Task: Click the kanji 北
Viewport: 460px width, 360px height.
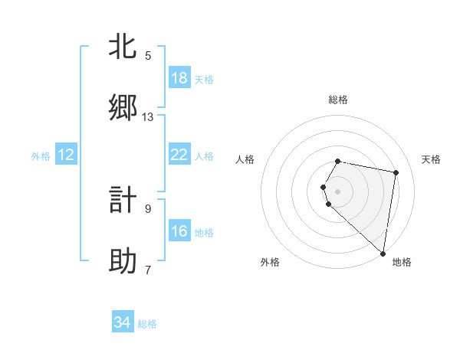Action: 123,47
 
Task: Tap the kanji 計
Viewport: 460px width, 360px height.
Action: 123,201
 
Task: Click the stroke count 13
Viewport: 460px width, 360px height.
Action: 148,116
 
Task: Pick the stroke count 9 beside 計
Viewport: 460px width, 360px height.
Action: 148,208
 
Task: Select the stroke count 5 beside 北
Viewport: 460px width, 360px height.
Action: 148,55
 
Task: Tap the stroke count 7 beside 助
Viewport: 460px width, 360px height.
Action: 148,270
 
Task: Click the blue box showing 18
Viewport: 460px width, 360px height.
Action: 179,78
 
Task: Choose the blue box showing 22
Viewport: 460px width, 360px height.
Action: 179,155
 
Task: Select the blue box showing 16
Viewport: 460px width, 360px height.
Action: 179,231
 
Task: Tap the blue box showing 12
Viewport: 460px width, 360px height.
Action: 66,155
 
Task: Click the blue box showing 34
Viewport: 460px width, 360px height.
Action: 123,322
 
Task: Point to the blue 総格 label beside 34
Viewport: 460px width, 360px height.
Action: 147,324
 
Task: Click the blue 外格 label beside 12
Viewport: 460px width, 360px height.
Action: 41,156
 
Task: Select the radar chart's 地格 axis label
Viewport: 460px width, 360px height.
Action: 402,262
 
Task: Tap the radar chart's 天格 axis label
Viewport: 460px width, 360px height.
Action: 431,159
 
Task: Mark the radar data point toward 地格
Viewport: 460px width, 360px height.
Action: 383,254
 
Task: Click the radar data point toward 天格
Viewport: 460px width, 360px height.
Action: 396,173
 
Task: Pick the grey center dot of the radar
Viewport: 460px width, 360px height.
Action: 337,191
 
